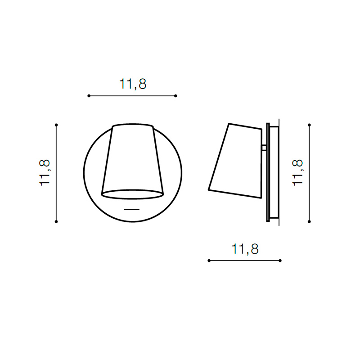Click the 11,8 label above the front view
[x=133, y=84]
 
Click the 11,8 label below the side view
[x=245, y=249]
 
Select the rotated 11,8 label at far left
[x=45, y=173]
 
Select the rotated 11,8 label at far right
[x=298, y=173]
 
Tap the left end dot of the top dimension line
[x=89, y=96]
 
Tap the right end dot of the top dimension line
[x=175, y=96]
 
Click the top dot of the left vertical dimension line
[x=56, y=125]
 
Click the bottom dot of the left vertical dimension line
[x=56, y=221]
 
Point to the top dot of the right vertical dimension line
[x=309, y=125]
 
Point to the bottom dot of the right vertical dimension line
[x=309, y=221]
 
